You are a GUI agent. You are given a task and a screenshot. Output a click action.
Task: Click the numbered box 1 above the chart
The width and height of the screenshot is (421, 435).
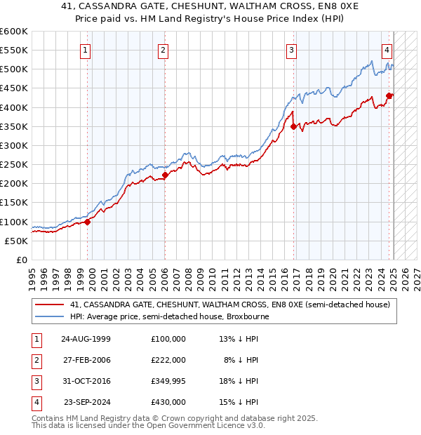85,50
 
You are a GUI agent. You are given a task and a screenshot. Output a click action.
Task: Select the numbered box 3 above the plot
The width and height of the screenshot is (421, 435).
290,50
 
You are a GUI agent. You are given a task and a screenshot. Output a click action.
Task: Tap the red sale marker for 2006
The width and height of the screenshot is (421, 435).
165,175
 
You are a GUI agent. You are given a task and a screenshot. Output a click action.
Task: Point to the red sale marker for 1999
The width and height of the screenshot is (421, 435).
88,222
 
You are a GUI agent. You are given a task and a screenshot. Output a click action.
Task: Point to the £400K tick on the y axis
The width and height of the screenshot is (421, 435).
13,107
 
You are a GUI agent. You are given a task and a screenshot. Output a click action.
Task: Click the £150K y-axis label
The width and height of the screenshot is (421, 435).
13,203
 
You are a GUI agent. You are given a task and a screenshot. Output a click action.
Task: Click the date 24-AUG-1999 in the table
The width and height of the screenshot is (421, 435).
86,339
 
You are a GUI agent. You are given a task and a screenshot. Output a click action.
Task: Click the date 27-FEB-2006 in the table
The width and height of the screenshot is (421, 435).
86,360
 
